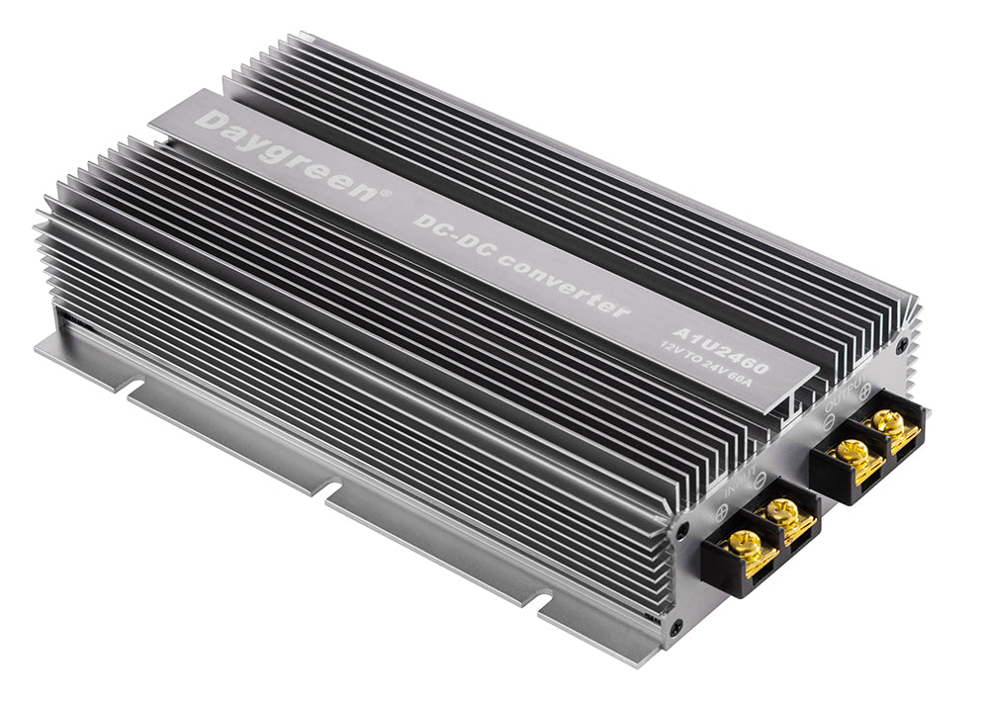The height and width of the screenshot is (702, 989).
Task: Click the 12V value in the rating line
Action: [675, 345]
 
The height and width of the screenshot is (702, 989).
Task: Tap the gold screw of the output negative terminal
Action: [852, 451]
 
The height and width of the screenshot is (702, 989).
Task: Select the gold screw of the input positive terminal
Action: [745, 541]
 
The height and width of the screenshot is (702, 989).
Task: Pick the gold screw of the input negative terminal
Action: [782, 510]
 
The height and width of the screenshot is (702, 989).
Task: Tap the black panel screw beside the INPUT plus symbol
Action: [682, 530]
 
